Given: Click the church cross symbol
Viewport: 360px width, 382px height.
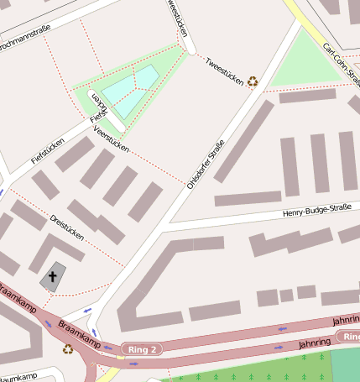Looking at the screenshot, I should tap(53, 275).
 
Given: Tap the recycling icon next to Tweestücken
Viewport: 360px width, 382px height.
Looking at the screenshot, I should tap(252, 81).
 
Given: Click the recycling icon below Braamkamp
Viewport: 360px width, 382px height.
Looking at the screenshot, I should tap(67, 349).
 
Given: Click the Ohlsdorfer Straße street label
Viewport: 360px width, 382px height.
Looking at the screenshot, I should tap(206, 165).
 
